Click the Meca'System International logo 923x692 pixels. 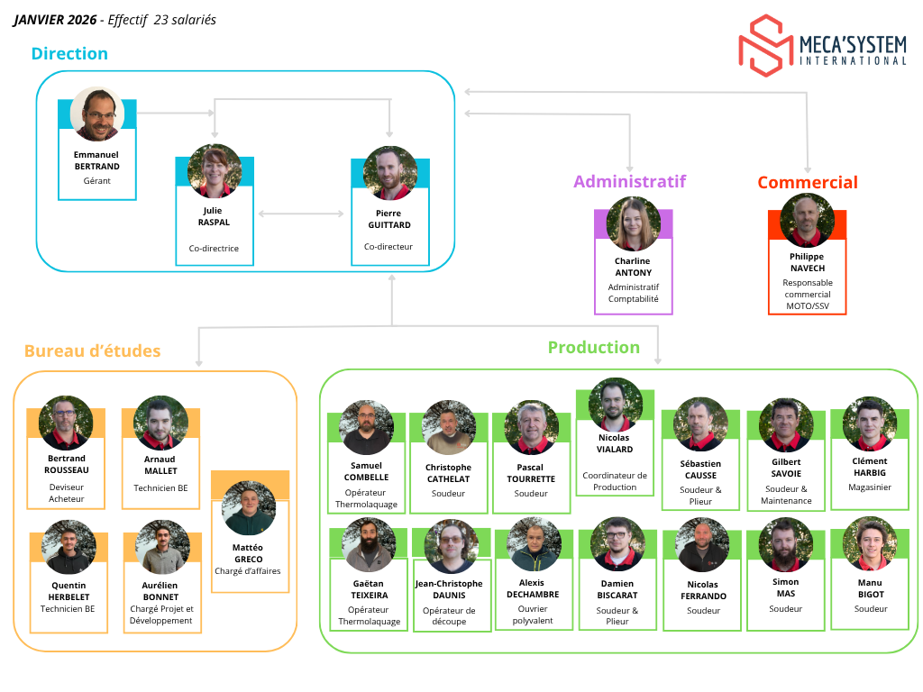click(x=822, y=44)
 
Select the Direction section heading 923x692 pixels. click(x=69, y=53)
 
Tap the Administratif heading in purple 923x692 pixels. click(x=629, y=182)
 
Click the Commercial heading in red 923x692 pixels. click(x=807, y=183)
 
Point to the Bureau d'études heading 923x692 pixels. click(x=92, y=351)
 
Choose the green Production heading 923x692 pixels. click(x=593, y=348)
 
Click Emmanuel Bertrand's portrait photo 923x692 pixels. click(x=96, y=114)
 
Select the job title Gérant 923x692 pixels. click(x=96, y=180)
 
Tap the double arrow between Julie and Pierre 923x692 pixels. click(x=301, y=214)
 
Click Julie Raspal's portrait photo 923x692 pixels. click(x=215, y=171)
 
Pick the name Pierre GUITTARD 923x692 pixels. click(x=389, y=219)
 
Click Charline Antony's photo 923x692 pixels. click(x=633, y=224)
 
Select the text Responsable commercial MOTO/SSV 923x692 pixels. click(x=807, y=294)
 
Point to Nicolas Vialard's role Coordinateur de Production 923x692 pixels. click(x=615, y=481)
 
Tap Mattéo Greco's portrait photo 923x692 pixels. click(x=249, y=508)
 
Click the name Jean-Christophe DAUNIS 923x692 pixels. click(x=449, y=589)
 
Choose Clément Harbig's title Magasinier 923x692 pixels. click(x=869, y=487)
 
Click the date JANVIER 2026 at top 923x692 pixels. click(x=55, y=20)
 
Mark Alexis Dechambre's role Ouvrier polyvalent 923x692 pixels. click(x=532, y=615)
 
